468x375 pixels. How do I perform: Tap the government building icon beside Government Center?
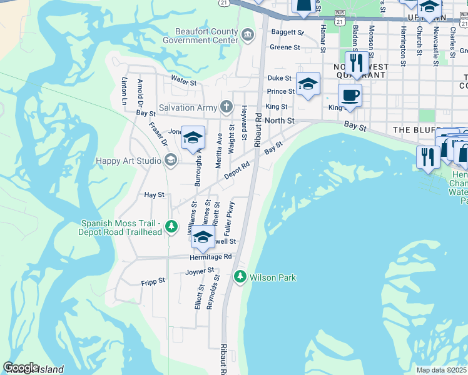tap(248, 33)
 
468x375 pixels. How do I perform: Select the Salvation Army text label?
tap(187, 107)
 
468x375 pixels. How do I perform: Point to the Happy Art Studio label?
tap(128, 161)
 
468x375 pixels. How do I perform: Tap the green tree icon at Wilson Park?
tap(239, 276)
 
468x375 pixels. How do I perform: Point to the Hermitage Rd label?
tap(211, 256)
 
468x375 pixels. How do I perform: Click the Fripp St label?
tap(153, 281)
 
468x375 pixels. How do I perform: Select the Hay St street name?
tap(154, 195)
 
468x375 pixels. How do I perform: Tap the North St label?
tap(279, 120)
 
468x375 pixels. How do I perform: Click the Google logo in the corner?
tap(21, 367)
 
